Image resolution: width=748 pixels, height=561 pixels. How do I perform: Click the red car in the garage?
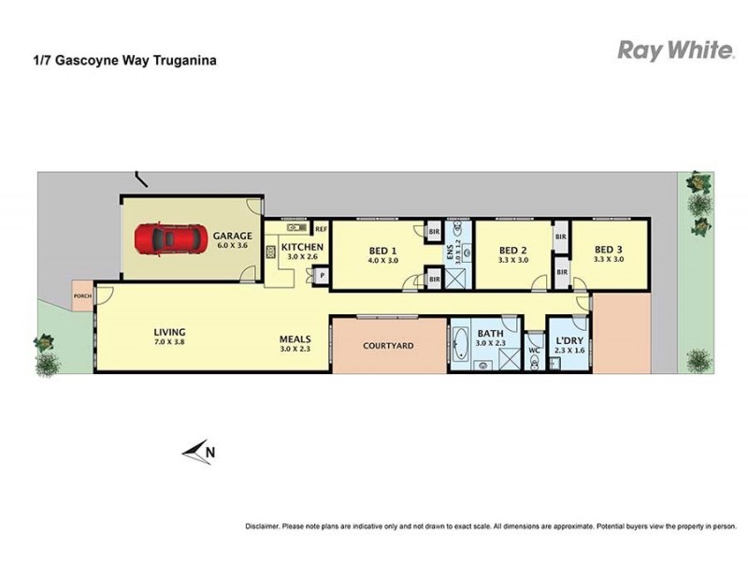tap(169, 238)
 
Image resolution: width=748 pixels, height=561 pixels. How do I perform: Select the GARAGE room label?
tap(233, 236)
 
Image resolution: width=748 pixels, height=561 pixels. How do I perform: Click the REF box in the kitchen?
tap(320, 228)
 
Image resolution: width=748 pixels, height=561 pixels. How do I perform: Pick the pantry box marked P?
tap(320, 276)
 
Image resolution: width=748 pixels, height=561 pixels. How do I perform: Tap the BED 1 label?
tap(382, 250)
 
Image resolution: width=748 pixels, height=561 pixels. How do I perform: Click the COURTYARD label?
tap(388, 346)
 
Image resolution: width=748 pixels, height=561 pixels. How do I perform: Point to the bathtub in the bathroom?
tap(461, 345)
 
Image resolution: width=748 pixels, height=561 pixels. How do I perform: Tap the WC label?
tap(534, 351)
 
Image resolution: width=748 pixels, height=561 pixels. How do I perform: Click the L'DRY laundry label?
tap(569, 340)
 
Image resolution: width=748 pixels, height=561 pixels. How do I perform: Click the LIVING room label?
tap(170, 332)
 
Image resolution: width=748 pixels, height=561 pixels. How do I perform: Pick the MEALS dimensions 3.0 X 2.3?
tap(295, 350)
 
